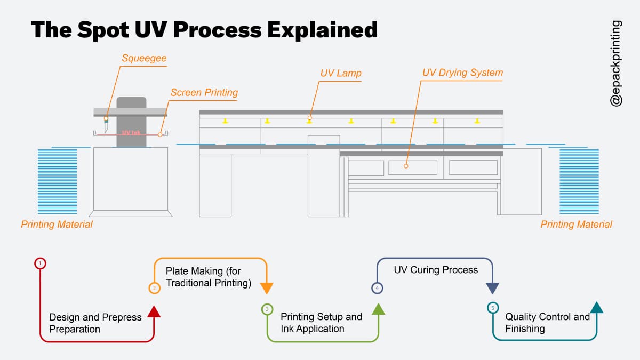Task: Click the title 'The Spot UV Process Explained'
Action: pos(204,30)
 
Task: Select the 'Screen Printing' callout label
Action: pos(204,92)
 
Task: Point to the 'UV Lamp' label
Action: pos(341,73)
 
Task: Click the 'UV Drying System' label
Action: pos(462,73)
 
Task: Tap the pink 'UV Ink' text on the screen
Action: pos(131,133)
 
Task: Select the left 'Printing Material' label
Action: pos(57,225)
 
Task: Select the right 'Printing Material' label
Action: pos(576,225)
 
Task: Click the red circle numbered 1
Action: pos(41,263)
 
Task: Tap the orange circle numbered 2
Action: pos(154,288)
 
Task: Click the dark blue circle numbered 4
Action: pos(377,288)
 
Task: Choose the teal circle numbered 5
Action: pos(492,308)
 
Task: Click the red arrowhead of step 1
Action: pos(154,311)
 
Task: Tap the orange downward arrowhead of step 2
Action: pos(267,289)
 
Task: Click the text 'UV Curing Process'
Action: pos(436,270)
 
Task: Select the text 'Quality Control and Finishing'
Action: pos(547,323)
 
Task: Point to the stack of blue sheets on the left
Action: pos(57,181)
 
